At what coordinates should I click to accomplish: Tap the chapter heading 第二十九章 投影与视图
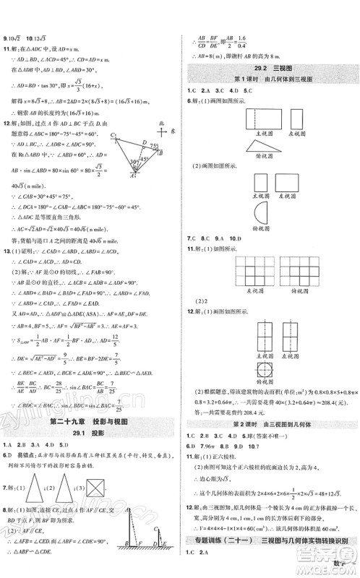pyautogui.click(x=90, y=422)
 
